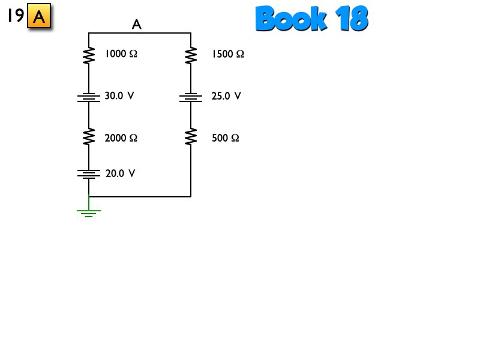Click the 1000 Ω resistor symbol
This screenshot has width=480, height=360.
[89, 55]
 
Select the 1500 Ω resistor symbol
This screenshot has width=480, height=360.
[191, 55]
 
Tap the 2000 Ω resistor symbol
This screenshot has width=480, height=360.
[89, 137]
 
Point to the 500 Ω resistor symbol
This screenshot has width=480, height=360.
[191, 137]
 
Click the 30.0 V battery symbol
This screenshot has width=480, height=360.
[89, 97]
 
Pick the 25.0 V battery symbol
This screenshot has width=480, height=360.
[191, 97]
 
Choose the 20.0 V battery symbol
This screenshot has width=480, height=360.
[89, 174]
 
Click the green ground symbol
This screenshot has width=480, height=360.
[89, 211]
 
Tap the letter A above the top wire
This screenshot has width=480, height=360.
[137, 25]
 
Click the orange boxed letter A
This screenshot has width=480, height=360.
[39, 17]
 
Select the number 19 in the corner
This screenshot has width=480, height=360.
[16, 16]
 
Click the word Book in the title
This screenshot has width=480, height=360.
[292, 19]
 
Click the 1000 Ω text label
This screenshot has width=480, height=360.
[121, 54]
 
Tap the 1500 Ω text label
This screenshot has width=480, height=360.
[228, 54]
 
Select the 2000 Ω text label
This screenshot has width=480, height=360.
[121, 138]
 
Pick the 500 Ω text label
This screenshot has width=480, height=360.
[226, 138]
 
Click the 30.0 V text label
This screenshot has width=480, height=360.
[119, 95]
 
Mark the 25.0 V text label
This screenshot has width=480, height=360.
[226, 96]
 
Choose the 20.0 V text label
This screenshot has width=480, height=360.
[121, 173]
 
